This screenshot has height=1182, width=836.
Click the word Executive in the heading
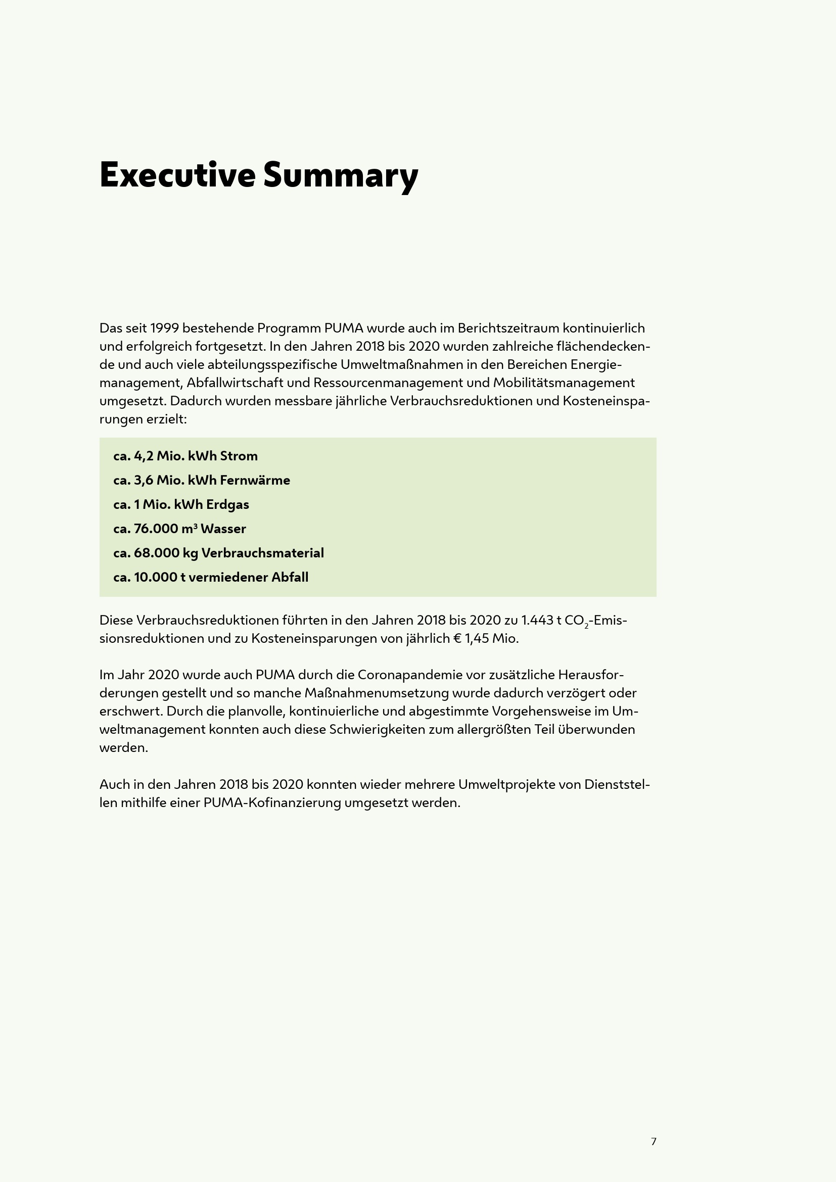(177, 175)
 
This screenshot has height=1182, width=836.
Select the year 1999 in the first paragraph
(164, 328)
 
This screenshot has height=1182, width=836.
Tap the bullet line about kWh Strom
(185, 456)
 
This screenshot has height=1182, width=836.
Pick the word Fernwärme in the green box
(255, 480)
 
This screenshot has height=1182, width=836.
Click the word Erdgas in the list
(227, 504)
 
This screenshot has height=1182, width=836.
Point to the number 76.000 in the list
(156, 529)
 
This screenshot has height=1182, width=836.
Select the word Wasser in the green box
(223, 529)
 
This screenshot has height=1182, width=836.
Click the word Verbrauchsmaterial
(262, 553)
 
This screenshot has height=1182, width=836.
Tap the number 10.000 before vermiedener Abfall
(156, 577)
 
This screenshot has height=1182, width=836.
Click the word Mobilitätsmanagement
(564, 383)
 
